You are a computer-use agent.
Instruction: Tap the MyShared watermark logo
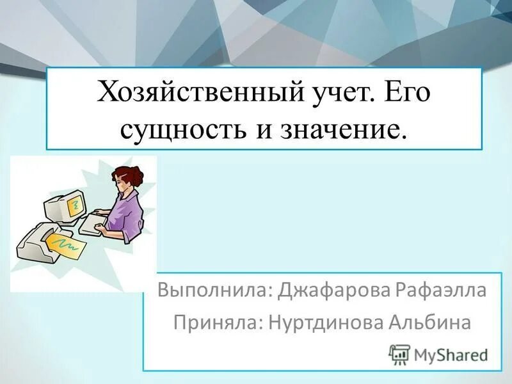[x=439, y=353]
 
